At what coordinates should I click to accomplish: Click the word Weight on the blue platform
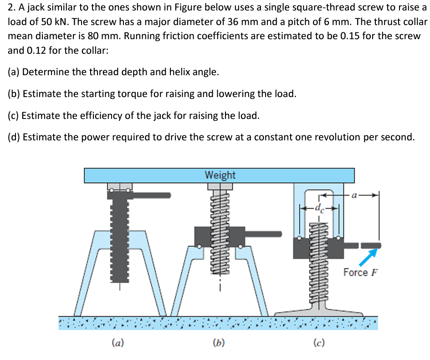[220, 175]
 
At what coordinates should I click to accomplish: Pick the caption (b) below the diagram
[219, 342]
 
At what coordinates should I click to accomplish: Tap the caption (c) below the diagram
[319, 342]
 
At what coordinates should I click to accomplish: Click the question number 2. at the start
[12, 8]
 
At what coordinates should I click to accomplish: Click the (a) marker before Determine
[14, 72]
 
